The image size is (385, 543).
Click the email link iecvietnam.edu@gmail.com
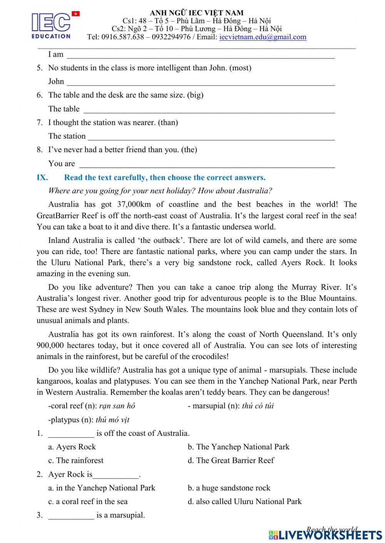click(x=263, y=37)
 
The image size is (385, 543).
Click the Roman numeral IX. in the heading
click(x=42, y=178)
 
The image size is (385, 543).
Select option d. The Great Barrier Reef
click(x=231, y=460)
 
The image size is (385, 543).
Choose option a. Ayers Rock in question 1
click(x=72, y=447)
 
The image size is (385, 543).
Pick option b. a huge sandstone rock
click(x=229, y=488)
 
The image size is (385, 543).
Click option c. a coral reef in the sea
click(x=88, y=501)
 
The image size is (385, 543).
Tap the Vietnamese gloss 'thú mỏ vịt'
click(x=112, y=420)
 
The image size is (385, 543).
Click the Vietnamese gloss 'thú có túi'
click(x=258, y=406)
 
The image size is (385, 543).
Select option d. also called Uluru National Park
click(x=245, y=501)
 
